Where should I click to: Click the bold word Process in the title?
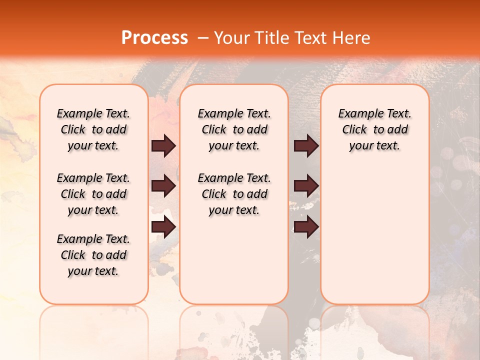[x=154, y=38]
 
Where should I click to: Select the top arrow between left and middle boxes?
[x=163, y=145]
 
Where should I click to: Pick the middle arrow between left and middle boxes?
[x=163, y=186]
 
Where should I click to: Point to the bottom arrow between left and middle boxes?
[x=163, y=227]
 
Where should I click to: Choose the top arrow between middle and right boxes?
[x=306, y=145]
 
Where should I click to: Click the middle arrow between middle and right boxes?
[x=306, y=186]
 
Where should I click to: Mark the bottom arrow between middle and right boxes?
[x=306, y=227]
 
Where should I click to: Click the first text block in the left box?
[x=93, y=129]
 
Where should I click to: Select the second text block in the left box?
[x=93, y=194]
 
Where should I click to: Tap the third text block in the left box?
[x=93, y=255]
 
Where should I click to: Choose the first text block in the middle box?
[x=234, y=129]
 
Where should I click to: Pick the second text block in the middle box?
[x=234, y=194]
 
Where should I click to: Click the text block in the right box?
[x=374, y=129]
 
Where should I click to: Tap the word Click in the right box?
[x=354, y=130]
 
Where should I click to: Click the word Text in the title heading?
[x=309, y=38]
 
